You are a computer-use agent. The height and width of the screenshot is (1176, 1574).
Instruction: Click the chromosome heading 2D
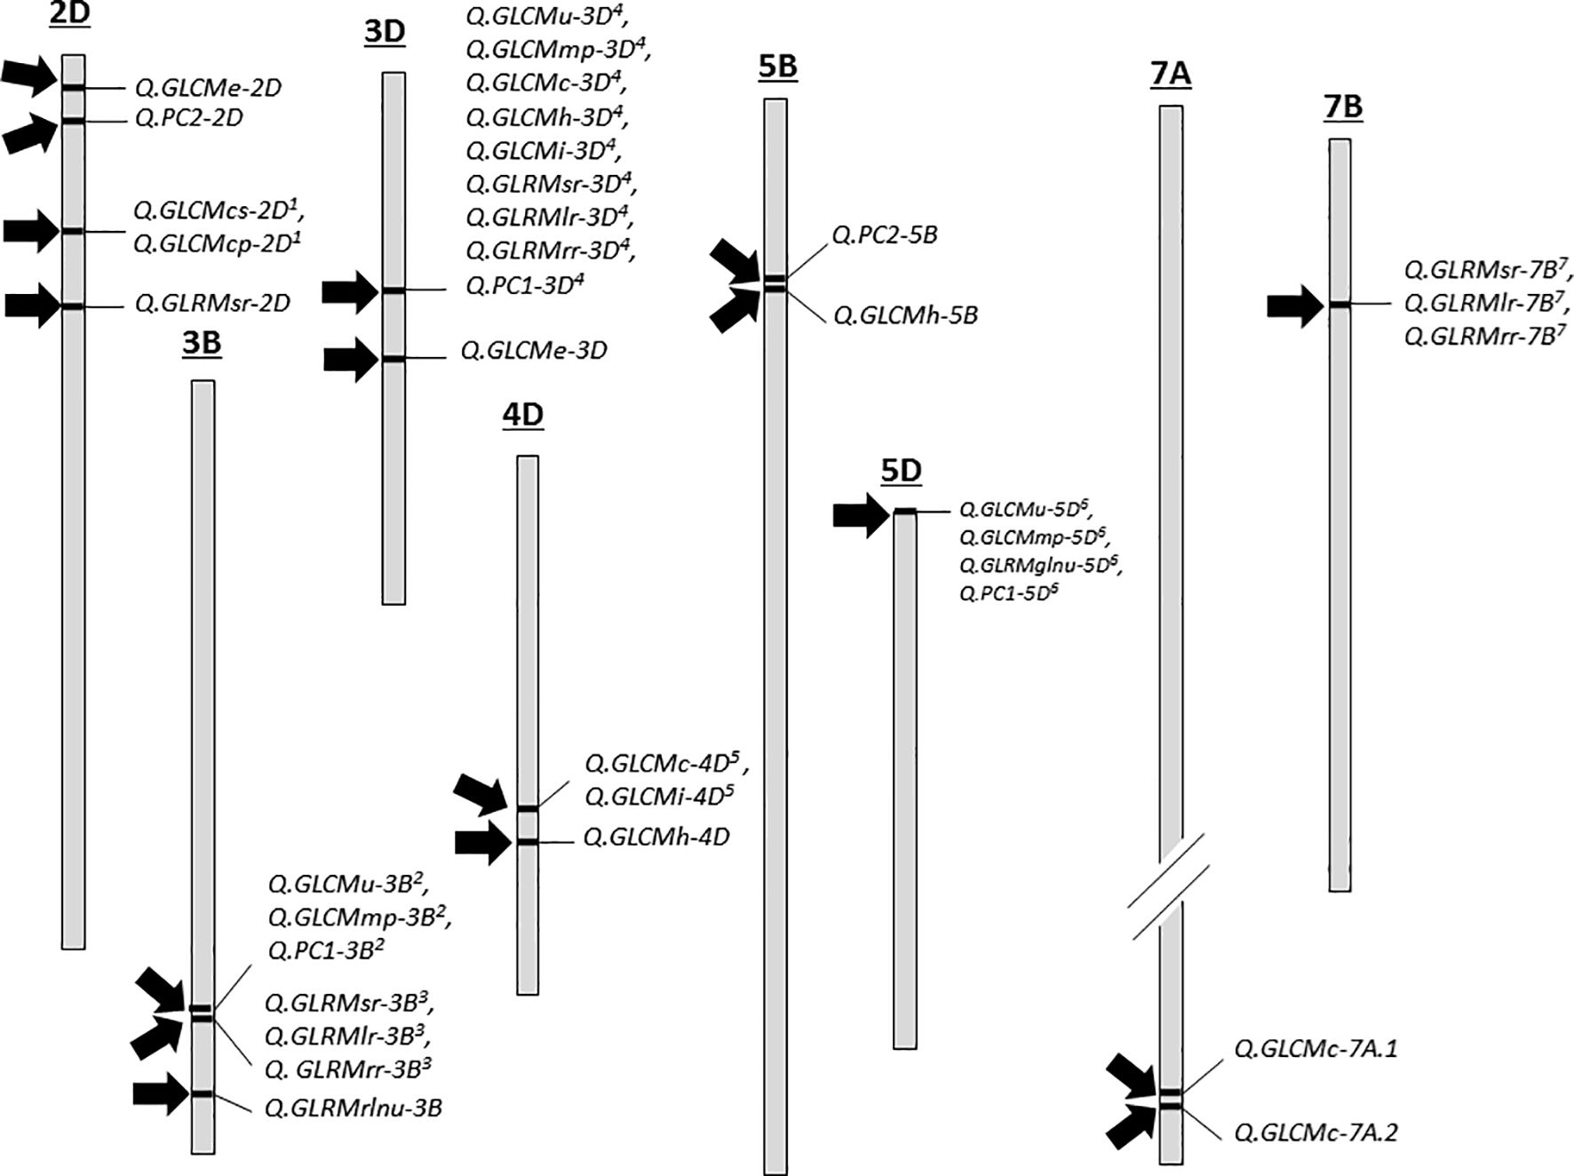coord(70,15)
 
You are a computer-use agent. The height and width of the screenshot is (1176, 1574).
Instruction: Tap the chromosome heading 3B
coord(202,343)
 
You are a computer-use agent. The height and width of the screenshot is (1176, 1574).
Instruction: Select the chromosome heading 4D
coord(522,416)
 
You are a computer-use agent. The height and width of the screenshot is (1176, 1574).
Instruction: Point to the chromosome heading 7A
coord(1170,75)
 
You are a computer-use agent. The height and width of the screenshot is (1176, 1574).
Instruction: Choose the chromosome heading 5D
coord(901,472)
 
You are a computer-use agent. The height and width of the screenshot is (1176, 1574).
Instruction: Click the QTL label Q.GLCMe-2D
coord(208,88)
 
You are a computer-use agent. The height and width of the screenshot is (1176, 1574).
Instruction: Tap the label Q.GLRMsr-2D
coord(212,304)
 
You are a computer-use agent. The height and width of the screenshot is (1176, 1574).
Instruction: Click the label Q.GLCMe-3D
coord(533,351)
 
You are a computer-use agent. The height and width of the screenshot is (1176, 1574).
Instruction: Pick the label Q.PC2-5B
coord(884,235)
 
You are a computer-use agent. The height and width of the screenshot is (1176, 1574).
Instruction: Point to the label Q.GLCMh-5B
coord(905,316)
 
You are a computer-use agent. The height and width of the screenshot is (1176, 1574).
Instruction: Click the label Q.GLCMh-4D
coord(656,838)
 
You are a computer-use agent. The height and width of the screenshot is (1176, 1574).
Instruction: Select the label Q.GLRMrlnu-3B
coord(353,1108)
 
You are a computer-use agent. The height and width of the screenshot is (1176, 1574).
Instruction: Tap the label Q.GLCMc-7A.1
coord(1316,1049)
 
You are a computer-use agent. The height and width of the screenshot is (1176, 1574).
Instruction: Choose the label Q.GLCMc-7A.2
coord(1316,1132)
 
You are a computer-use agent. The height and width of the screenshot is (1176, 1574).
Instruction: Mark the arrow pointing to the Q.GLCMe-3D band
coord(350,360)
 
